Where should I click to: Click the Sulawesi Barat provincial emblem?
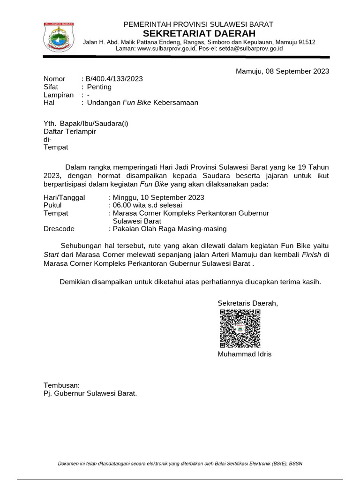coord(58,37)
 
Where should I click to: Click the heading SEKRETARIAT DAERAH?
coord(199,33)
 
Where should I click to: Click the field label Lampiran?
coord(59,95)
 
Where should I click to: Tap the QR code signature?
coord(240,329)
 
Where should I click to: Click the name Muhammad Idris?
coord(244,354)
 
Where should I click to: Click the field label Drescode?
coord(59,229)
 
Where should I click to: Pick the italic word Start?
coord(51,254)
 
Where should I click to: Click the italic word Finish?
coord(312,254)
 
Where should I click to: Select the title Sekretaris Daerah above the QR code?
coord(247,303)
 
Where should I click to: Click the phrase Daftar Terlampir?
coord(69,131)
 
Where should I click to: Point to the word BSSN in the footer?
coord(296,464)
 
